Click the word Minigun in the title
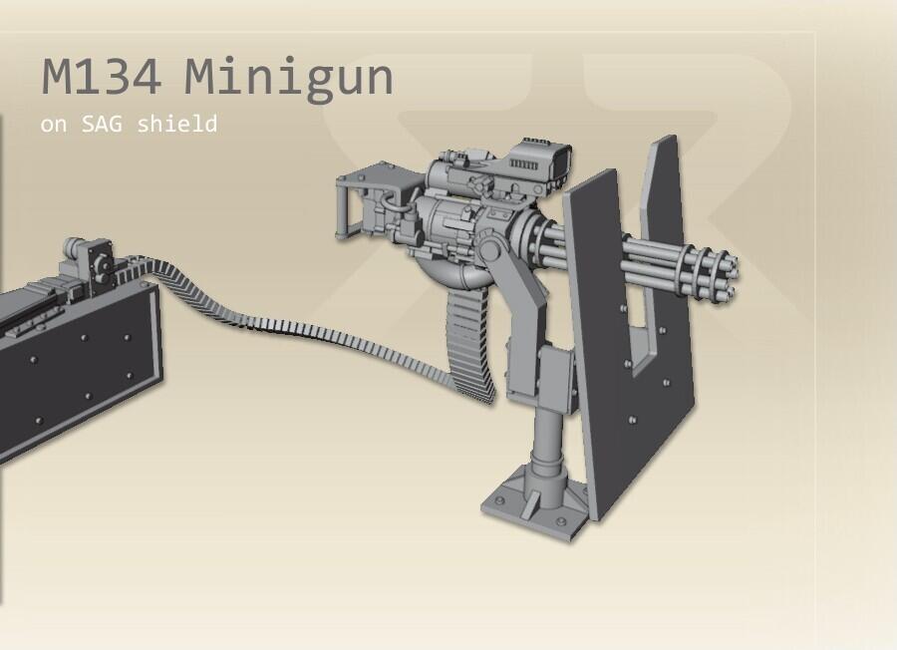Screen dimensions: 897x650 [x=289, y=78]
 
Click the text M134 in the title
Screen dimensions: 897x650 [x=102, y=76]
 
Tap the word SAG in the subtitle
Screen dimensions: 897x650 [x=102, y=124]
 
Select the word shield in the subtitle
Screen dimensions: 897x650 [x=177, y=123]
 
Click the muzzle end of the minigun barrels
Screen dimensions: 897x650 [x=729, y=277]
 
